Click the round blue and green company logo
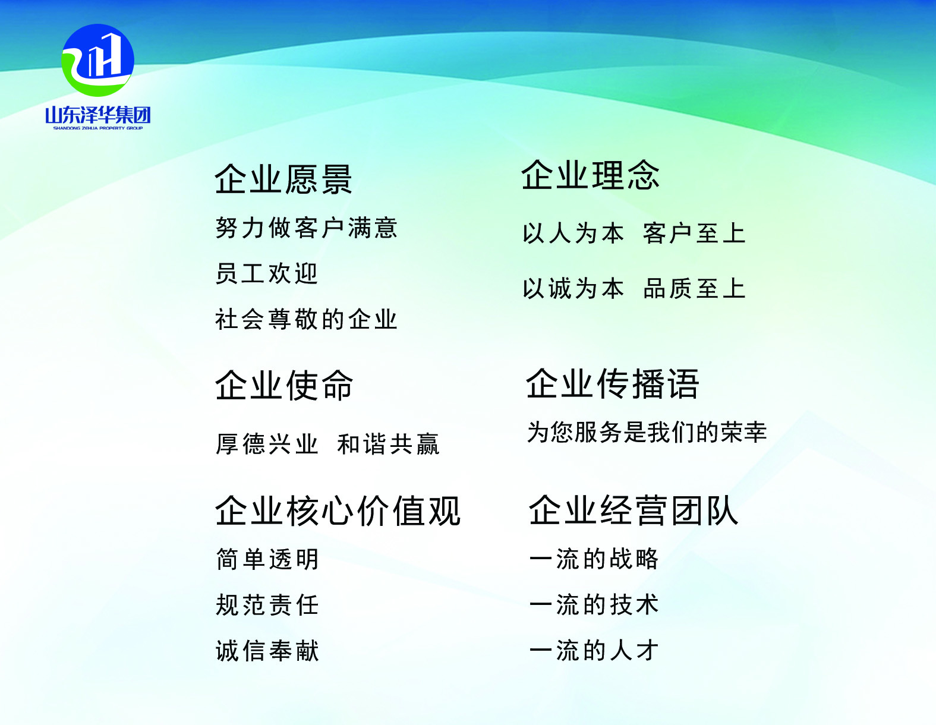tap(98, 60)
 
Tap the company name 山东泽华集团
tap(98, 115)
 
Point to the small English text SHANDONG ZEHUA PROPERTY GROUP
tap(98, 128)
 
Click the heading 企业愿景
tap(283, 179)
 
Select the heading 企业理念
tap(590, 175)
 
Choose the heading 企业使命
tap(284, 385)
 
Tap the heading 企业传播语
tap(612, 383)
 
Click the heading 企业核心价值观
tap(338, 511)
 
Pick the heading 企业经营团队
tap(634, 510)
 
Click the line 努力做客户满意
tap(306, 228)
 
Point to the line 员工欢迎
tap(267, 273)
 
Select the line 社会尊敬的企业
tap(306, 319)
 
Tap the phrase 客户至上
tap(694, 234)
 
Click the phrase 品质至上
tap(694, 288)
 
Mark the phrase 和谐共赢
tap(388, 444)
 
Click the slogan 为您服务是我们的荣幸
tap(647, 432)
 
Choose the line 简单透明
tap(267, 559)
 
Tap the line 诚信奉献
tap(267, 651)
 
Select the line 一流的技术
tap(594, 604)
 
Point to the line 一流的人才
tap(594, 650)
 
